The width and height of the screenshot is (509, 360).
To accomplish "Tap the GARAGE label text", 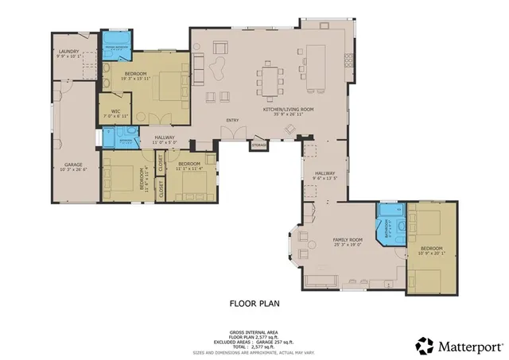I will tap(73, 165).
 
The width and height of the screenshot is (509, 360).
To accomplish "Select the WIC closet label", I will tap(115, 111).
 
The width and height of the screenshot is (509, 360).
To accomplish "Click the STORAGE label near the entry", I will tap(258, 145).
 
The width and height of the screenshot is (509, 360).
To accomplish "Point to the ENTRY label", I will tap(232, 121).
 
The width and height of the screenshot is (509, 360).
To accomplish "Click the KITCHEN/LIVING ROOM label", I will tap(289, 110).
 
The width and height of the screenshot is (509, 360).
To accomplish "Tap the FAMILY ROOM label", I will tap(347, 239).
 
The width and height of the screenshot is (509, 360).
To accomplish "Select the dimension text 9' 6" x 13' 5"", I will tap(325, 179).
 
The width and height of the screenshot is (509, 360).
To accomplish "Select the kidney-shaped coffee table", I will tap(217, 72).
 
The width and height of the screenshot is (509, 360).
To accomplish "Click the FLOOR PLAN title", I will tap(254, 303).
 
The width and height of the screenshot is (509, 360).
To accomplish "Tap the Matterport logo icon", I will tap(425, 346).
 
